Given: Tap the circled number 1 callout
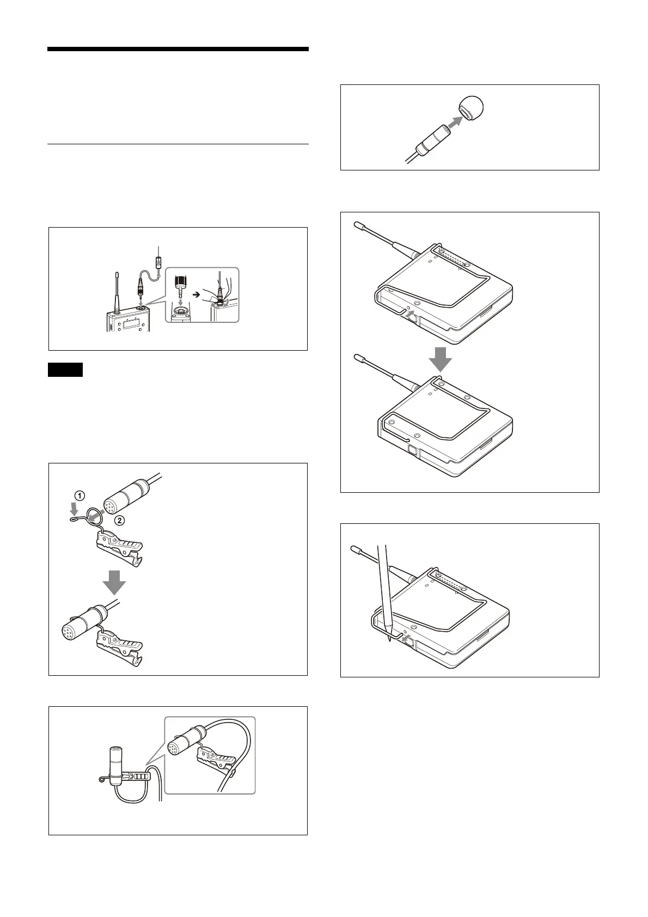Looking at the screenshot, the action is pos(80,496).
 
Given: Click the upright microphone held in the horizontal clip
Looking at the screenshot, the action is pos(115,765).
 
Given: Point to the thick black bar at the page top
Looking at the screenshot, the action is pos(178,50).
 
